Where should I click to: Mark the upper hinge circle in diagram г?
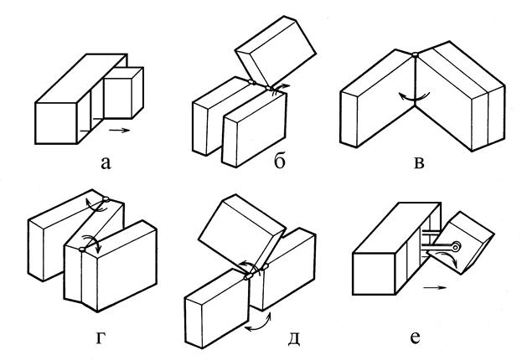[106, 199]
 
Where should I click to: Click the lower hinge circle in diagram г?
[82, 249]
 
